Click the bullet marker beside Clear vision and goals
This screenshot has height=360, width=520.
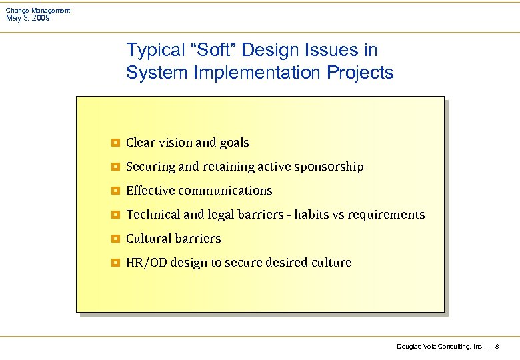click(x=115, y=143)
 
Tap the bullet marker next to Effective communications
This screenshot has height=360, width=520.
click(x=115, y=191)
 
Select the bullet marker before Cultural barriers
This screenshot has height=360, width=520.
click(x=115, y=239)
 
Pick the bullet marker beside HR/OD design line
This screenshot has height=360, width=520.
click(x=115, y=263)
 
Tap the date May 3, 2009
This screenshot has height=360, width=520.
click(x=27, y=18)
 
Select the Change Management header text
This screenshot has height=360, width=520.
click(x=37, y=11)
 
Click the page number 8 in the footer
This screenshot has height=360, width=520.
click(x=497, y=347)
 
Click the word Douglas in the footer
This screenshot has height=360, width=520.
click(x=409, y=347)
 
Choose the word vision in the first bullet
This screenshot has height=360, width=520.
click(x=175, y=143)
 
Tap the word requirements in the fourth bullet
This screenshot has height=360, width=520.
click(x=385, y=215)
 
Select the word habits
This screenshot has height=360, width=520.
click(x=311, y=215)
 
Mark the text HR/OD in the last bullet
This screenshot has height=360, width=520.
click(x=146, y=263)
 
